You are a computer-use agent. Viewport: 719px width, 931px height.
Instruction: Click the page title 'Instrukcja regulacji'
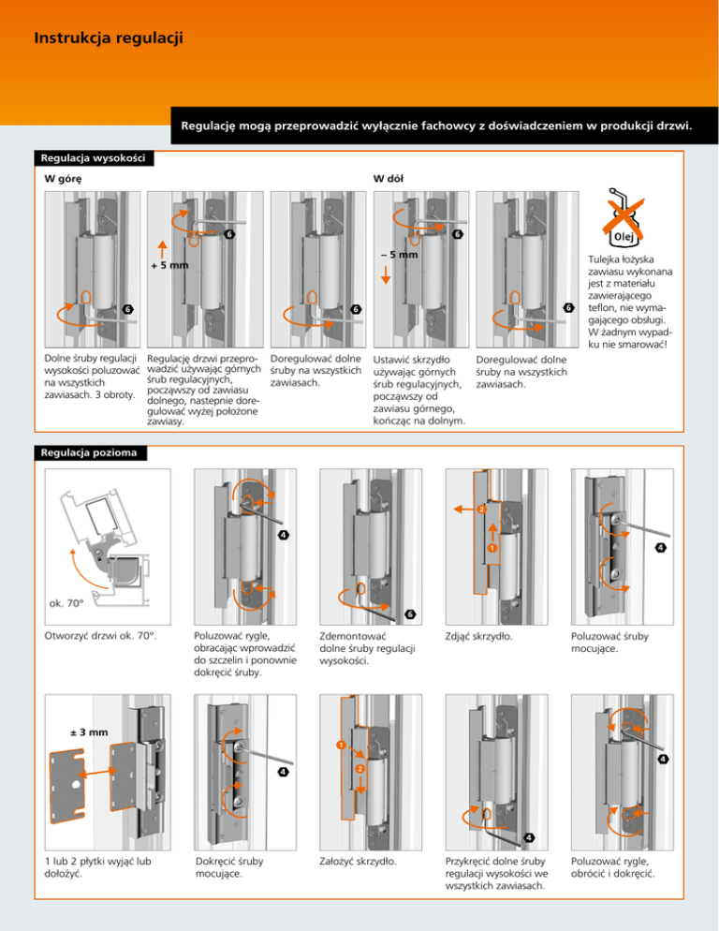coord(107,39)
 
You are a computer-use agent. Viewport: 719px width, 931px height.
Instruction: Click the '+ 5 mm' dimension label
coord(169,265)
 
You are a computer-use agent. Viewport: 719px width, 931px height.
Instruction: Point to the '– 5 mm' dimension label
coord(398,254)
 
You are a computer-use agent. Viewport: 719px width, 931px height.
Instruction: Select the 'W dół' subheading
coord(389,178)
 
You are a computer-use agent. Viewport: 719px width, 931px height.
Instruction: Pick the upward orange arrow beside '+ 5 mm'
coord(162,249)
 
